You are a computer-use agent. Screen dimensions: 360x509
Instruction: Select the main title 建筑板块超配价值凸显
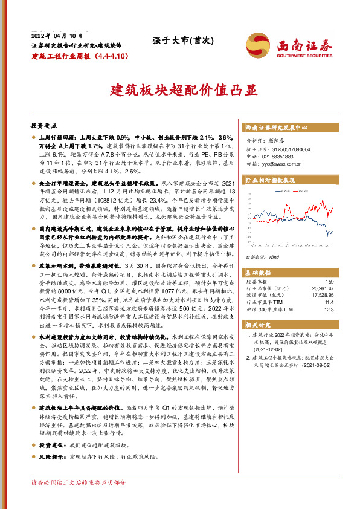pyautogui.click(x=179, y=91)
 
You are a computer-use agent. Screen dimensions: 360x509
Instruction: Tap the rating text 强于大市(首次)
pyautogui.click(x=179, y=41)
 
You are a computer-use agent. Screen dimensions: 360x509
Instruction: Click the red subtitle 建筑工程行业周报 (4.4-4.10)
pyautogui.click(x=79, y=56)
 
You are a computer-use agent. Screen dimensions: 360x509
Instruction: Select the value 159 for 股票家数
pyautogui.click(x=329, y=282)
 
